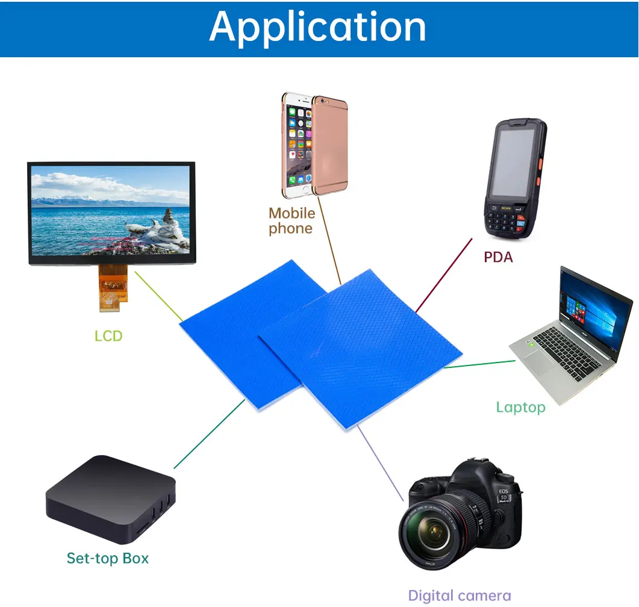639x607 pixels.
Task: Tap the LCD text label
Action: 108,335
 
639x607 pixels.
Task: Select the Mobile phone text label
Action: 291,220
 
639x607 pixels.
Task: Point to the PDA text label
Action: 498,257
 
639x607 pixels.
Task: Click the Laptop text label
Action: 520,407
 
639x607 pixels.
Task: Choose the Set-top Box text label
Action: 107,558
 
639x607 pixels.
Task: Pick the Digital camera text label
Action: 459,596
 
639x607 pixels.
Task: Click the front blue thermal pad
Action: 361,349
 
